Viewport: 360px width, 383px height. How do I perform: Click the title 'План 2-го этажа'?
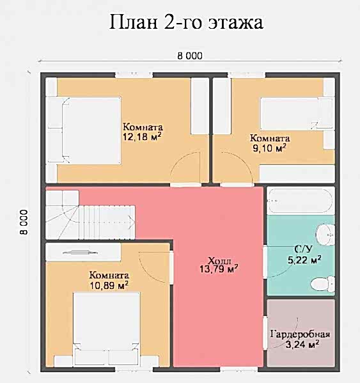click(186, 22)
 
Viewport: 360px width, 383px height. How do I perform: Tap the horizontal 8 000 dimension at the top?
click(190, 56)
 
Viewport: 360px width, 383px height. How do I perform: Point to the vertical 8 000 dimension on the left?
click(24, 222)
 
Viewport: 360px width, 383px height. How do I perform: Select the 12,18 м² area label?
click(142, 137)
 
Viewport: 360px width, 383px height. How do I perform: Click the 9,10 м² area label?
click(269, 148)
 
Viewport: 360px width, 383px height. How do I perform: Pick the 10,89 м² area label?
click(109, 285)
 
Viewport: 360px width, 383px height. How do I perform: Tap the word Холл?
click(219, 260)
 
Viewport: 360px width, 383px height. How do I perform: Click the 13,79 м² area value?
click(219, 269)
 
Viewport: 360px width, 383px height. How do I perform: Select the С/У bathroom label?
click(303, 249)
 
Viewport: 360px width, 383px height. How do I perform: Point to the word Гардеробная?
click(300, 334)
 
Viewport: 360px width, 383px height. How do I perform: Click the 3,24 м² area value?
click(302, 345)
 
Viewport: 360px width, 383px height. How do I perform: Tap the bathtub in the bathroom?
click(301, 201)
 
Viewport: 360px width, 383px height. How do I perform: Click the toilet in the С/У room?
click(322, 284)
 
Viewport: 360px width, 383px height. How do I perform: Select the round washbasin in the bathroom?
click(325, 235)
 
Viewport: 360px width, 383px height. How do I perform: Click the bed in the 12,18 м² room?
click(84, 130)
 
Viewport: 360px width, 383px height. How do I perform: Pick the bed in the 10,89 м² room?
click(107, 329)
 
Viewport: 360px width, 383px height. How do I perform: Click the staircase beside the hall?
click(90, 215)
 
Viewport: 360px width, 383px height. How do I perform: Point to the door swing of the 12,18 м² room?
click(185, 168)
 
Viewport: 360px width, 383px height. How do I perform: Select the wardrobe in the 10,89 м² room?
click(83, 252)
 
